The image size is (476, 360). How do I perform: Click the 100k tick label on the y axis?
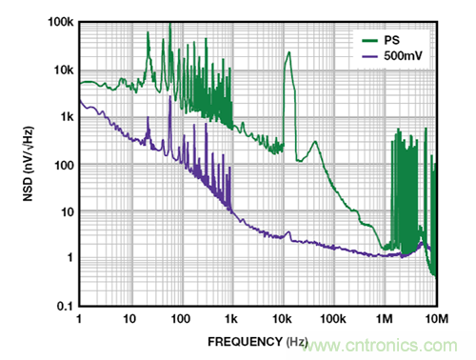pos(61,22)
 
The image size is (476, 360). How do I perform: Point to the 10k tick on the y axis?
pos(64,70)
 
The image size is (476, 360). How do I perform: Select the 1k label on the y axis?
pos(67,117)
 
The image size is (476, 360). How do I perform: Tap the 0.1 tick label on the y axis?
pos(65,306)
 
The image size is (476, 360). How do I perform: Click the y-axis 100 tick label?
pos(64,165)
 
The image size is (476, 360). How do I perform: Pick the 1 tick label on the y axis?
pos(70,257)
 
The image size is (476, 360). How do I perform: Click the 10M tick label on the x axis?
pos(437,318)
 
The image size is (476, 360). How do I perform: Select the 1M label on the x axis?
pos(385,318)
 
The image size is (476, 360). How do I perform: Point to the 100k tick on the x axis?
pos(333,318)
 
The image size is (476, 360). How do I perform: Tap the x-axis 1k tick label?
pos(231,318)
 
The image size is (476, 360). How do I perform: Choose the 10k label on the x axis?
pos(282,318)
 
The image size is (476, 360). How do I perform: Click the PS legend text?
pos(391,40)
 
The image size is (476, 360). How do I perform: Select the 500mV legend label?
pos(403,56)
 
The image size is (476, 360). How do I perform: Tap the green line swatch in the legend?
pos(369,41)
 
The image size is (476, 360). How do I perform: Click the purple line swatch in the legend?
pos(369,57)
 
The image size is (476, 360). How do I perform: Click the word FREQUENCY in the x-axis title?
pos(245,342)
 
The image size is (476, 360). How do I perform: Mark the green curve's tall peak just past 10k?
pos(288,52)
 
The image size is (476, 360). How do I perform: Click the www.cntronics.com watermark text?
pos(380,346)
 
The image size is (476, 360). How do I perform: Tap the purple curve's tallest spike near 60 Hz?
pos(170,96)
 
